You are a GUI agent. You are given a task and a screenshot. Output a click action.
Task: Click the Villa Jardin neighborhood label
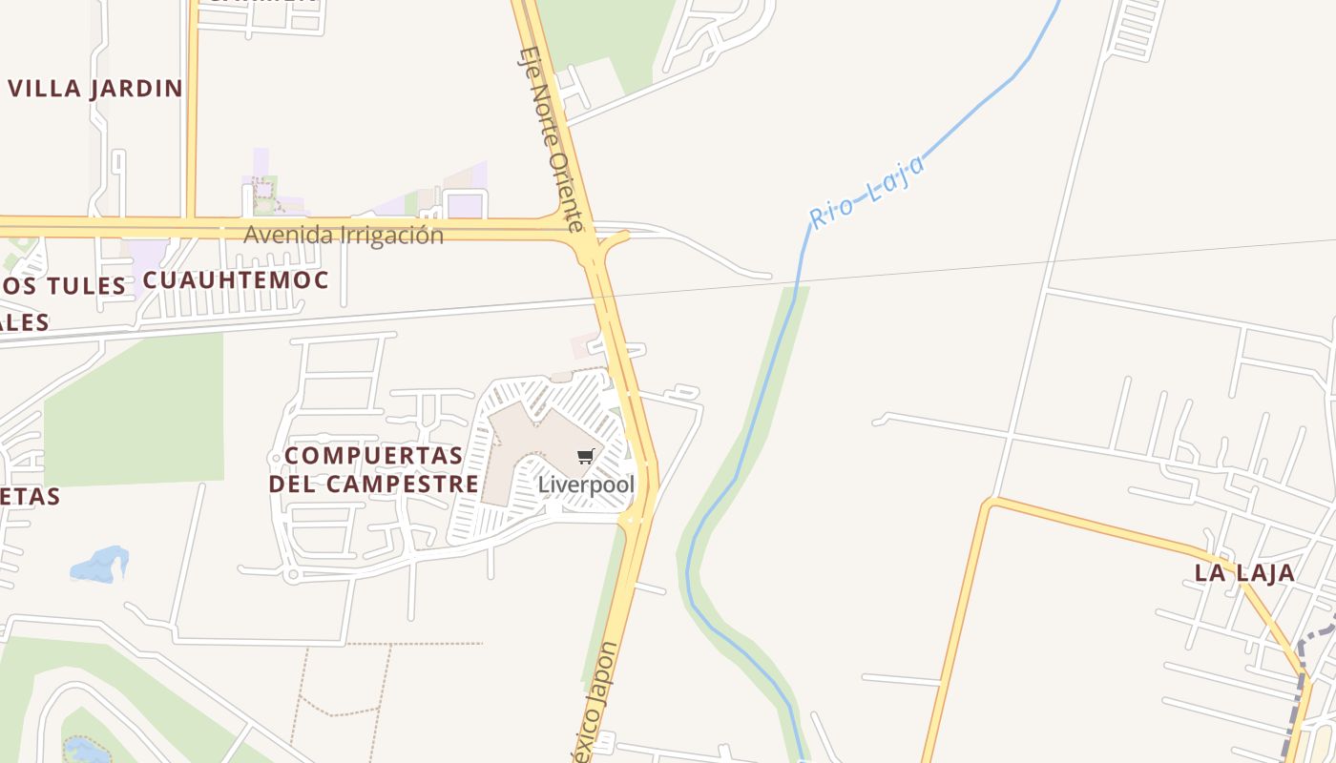tap(94, 89)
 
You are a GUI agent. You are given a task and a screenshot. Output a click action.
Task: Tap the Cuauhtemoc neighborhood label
tap(236, 280)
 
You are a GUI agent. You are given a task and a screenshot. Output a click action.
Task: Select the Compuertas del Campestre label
tap(374, 469)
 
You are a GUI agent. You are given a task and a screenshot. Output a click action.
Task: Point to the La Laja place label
tap(1245, 573)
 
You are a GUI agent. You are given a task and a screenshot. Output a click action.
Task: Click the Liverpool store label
tap(586, 485)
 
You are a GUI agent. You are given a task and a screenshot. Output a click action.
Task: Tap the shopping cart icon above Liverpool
tap(586, 457)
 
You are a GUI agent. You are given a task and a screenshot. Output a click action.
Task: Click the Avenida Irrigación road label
tap(344, 235)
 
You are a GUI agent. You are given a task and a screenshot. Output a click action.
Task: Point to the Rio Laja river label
tap(867, 192)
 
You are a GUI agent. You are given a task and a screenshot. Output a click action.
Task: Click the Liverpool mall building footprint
tap(520, 448)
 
